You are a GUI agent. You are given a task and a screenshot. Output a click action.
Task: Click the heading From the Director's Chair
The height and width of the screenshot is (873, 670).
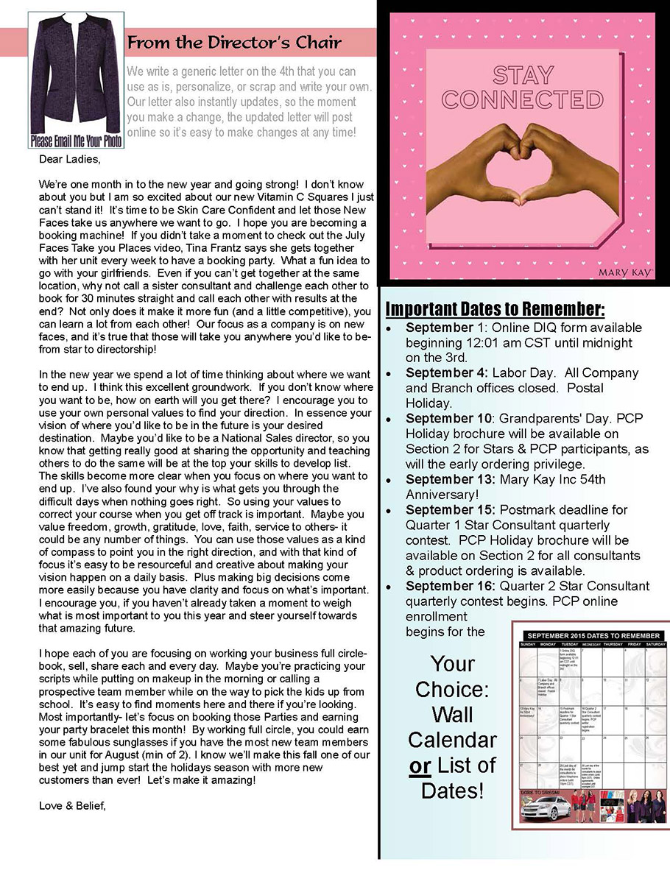[x=234, y=43]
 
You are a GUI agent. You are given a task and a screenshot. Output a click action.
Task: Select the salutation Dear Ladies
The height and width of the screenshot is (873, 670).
[x=68, y=158]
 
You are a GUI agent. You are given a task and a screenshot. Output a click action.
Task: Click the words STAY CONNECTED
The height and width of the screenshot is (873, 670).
[x=522, y=87]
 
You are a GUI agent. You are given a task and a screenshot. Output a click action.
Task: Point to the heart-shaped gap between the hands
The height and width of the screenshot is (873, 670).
[x=523, y=177]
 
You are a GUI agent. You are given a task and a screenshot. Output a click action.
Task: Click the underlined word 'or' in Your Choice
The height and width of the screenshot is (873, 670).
[x=420, y=766]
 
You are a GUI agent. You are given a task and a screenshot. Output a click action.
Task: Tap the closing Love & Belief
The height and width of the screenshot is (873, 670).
[x=73, y=806]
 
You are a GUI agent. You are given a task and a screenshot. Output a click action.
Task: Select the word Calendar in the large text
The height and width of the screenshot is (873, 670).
[x=452, y=739]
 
